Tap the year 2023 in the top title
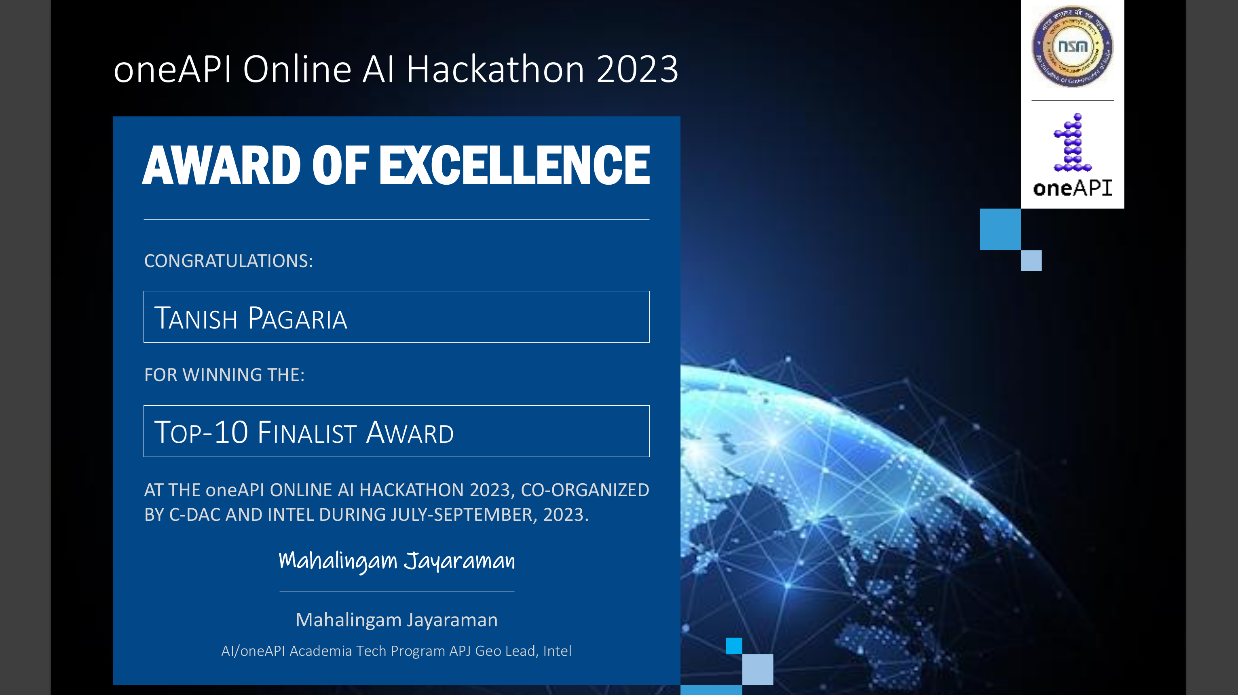(x=637, y=69)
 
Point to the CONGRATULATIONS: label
(x=229, y=261)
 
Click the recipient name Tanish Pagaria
(x=250, y=318)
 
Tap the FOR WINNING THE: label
(x=224, y=375)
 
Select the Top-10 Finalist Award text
(x=304, y=432)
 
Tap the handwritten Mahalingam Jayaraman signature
(x=397, y=561)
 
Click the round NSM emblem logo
(x=1072, y=46)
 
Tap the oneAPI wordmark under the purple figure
(x=1072, y=188)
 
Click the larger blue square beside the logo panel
(x=1001, y=229)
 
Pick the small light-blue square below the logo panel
(x=1031, y=260)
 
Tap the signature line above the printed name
(x=397, y=592)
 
